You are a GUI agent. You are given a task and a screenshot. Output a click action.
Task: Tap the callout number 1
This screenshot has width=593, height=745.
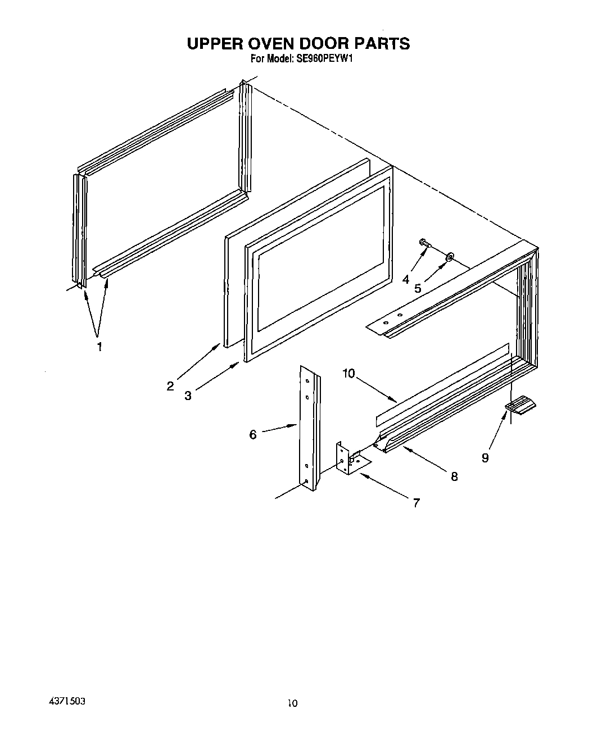coord(99,347)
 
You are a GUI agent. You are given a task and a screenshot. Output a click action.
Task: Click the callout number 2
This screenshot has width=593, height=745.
coord(170,386)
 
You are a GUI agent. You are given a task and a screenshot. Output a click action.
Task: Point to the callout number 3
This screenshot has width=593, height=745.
coord(188,396)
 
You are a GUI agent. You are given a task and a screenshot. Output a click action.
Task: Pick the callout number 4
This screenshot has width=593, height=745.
coord(406,279)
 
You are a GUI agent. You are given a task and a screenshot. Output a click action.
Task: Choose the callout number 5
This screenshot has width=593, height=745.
coord(418,288)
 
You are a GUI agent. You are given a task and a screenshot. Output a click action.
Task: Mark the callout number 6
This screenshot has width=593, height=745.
coord(253,434)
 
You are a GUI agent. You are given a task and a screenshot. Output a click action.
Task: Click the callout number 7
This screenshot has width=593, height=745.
coord(416,503)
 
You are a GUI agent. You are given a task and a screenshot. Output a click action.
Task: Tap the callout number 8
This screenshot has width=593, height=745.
coord(454,476)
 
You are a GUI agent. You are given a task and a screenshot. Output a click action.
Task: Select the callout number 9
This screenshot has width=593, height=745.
coord(485,458)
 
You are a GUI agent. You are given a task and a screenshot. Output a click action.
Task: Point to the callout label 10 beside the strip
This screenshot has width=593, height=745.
coord(348,373)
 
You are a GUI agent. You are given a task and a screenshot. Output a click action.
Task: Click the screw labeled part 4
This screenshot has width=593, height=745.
coord(424,243)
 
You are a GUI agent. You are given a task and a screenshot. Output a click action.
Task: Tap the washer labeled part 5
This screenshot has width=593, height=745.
coord(450,257)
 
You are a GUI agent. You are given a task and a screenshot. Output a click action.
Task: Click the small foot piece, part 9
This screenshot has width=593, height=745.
coord(520,406)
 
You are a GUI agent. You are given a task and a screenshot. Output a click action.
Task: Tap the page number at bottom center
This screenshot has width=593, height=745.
coord(292,703)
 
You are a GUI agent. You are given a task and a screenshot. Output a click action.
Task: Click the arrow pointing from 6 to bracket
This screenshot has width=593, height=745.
coord(279,429)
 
